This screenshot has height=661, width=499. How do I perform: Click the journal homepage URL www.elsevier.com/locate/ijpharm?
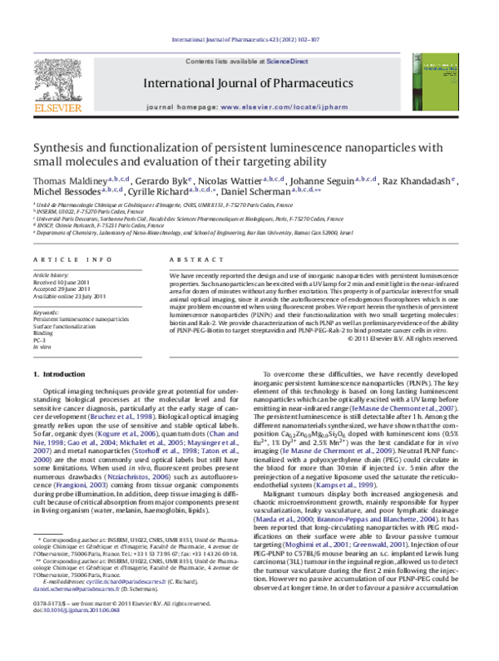tap(294, 108)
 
